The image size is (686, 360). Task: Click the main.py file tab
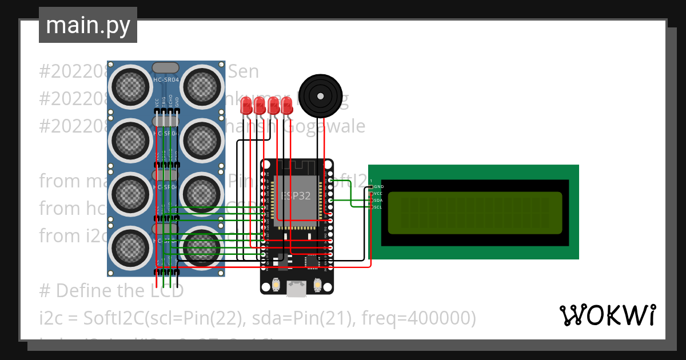point(87,25)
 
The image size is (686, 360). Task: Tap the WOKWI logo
point(607,315)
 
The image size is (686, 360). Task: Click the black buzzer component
point(321,95)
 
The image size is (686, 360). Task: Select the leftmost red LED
point(246,105)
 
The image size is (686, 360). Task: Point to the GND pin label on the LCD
point(378,187)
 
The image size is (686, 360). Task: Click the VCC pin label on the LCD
point(378,194)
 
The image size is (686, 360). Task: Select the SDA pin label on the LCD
point(378,201)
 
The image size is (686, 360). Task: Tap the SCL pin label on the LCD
point(378,207)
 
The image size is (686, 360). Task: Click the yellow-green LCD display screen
point(474,213)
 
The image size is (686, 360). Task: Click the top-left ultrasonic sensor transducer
point(131,85)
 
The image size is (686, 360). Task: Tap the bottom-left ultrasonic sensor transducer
point(131,247)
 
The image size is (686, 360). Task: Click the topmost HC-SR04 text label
point(166,79)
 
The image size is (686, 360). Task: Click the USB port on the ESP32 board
point(297,290)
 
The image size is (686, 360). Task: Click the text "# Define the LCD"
point(111,291)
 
